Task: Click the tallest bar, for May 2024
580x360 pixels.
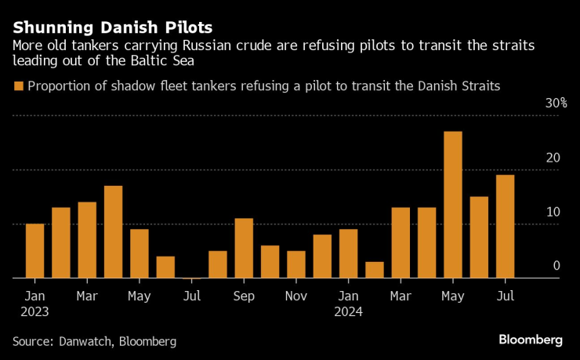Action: point(453,205)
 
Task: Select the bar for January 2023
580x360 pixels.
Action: point(34,251)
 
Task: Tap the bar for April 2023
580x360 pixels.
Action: point(113,232)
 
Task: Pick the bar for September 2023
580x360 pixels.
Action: point(244,248)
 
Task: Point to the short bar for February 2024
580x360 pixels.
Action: point(375,270)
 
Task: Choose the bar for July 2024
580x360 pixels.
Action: point(505,227)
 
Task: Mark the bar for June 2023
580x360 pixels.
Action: point(165,267)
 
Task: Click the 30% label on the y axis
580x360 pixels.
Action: point(556,104)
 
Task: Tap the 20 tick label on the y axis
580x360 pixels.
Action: point(553,158)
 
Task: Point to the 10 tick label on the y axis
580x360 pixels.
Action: point(553,212)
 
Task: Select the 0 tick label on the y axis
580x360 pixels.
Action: point(556,266)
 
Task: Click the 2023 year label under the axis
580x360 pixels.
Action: point(34,311)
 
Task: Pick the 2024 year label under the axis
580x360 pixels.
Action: point(349,311)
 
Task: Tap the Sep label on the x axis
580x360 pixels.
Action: point(244,296)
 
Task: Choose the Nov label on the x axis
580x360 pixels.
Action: point(296,296)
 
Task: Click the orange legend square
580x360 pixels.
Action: point(18,85)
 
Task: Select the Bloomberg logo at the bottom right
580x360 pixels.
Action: point(531,340)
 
